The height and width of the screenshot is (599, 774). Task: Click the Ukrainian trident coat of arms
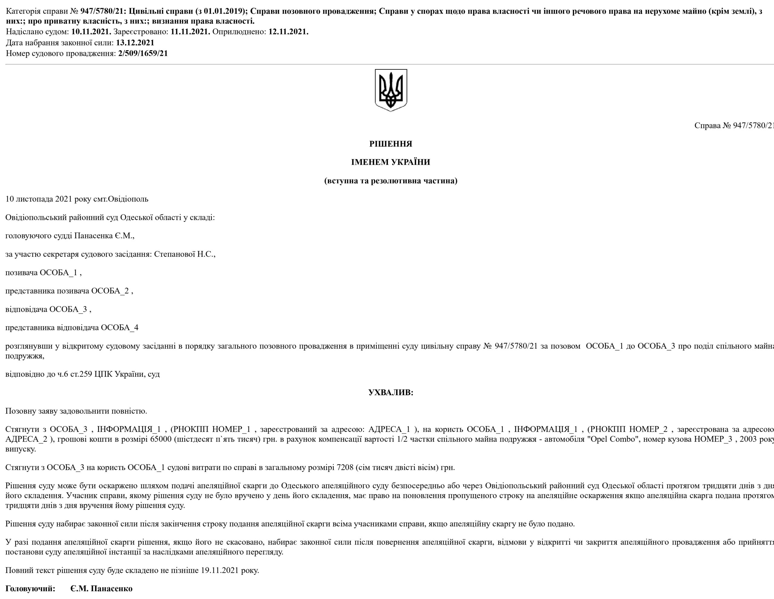point(391,90)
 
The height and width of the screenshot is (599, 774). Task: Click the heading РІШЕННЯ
point(391,144)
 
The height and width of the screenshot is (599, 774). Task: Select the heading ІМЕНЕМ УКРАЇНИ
point(391,162)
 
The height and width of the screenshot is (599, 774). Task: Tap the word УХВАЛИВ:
point(391,392)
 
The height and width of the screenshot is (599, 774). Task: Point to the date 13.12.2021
point(135,43)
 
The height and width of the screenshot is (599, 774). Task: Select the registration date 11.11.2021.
point(190,32)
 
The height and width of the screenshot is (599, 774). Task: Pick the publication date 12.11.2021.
point(288,32)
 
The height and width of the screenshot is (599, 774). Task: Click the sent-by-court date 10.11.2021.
point(91,32)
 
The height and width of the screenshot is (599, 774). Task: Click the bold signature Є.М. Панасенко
point(101,588)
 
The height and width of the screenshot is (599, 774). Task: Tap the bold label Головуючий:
point(31,588)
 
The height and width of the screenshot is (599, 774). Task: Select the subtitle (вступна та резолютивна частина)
point(391,181)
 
